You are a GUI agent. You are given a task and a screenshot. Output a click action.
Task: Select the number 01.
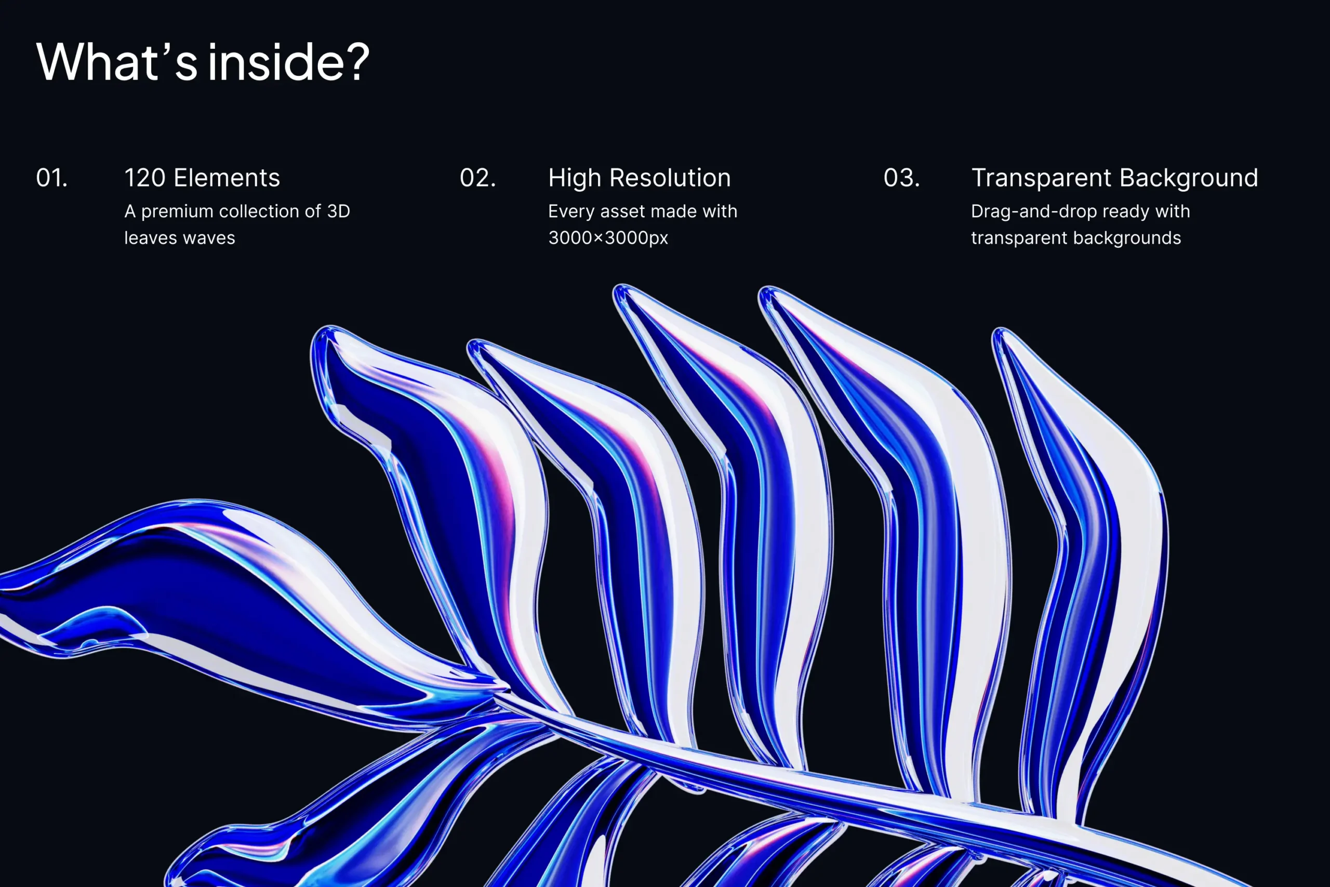tap(52, 178)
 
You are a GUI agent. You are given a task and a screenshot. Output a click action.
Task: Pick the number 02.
tap(478, 178)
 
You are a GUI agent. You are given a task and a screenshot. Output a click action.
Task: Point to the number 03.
tap(902, 178)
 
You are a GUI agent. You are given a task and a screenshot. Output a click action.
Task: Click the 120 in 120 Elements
tap(145, 178)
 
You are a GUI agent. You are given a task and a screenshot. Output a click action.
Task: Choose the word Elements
tap(227, 178)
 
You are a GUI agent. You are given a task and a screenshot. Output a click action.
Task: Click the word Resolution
tap(670, 178)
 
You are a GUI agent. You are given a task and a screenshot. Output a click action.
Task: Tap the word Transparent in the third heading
tap(1042, 178)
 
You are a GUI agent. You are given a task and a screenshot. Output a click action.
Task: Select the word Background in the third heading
tap(1189, 178)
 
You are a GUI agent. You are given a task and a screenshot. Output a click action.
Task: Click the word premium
tap(177, 211)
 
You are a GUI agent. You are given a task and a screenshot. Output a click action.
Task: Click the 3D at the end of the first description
tap(339, 211)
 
